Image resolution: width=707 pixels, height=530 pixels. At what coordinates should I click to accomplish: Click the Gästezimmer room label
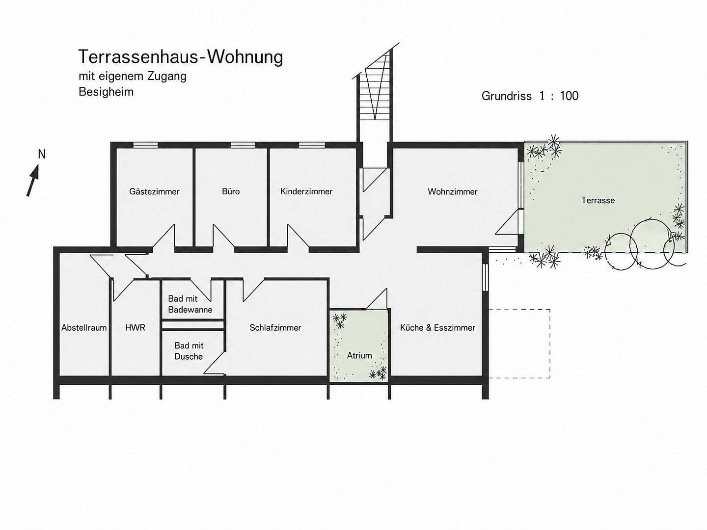coord(154,191)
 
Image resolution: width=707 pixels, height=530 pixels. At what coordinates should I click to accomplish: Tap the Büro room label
coord(231,191)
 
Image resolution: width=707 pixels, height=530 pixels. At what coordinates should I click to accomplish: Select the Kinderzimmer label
coord(306,191)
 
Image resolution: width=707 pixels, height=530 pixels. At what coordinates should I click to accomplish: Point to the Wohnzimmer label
coord(453,192)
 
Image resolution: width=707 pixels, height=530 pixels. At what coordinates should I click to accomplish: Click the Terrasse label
coord(598,200)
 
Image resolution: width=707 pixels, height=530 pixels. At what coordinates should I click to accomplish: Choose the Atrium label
coord(359,355)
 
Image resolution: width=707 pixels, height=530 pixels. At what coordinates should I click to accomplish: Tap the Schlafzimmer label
coord(275,328)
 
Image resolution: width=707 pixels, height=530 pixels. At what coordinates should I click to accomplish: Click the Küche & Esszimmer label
coord(438,328)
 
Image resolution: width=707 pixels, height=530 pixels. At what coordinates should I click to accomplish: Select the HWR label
coord(136,328)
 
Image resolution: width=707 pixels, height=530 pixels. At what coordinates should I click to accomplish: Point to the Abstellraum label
coord(84,328)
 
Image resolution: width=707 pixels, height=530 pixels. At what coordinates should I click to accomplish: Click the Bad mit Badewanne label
coord(190,304)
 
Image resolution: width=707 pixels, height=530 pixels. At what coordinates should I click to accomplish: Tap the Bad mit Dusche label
coord(189,351)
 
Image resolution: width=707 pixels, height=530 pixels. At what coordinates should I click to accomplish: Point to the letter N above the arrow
coord(42,155)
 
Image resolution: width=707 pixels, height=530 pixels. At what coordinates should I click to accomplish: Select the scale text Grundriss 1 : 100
coord(530,96)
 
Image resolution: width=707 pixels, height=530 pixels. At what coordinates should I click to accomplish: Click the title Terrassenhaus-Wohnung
coord(181,57)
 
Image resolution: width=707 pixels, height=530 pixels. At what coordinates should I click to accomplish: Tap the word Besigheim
coord(106,92)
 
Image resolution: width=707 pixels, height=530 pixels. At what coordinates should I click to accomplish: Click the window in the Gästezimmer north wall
coord(145,145)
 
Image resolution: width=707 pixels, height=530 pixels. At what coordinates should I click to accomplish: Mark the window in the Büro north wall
coord(243,145)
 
